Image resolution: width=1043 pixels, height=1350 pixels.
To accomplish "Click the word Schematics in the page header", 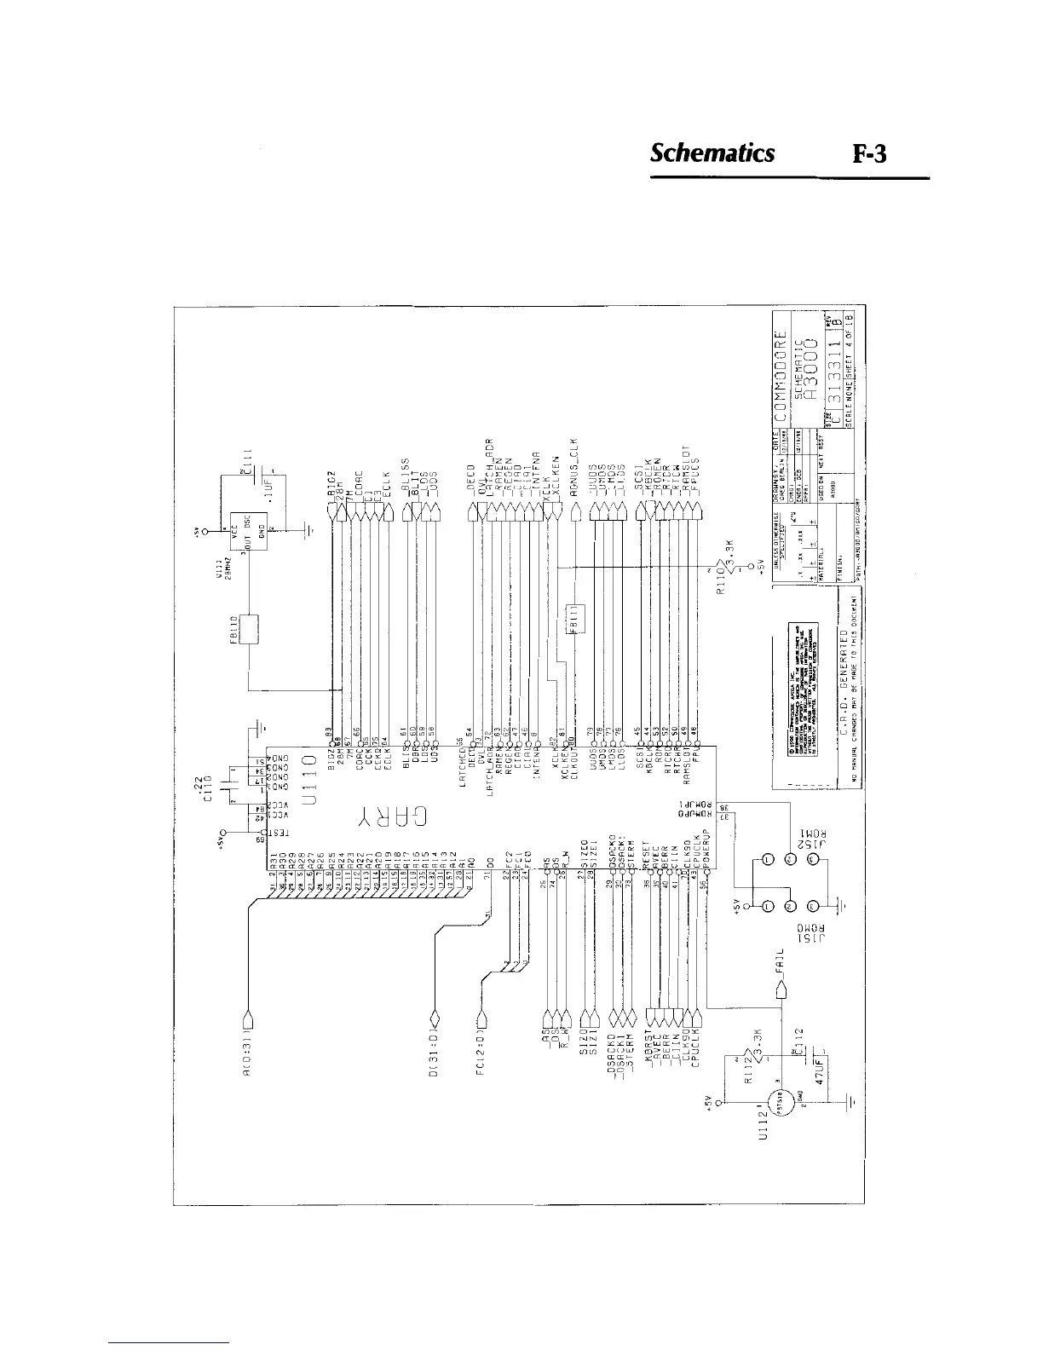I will point(712,153).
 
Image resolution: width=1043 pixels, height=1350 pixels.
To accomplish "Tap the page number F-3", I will point(871,154).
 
